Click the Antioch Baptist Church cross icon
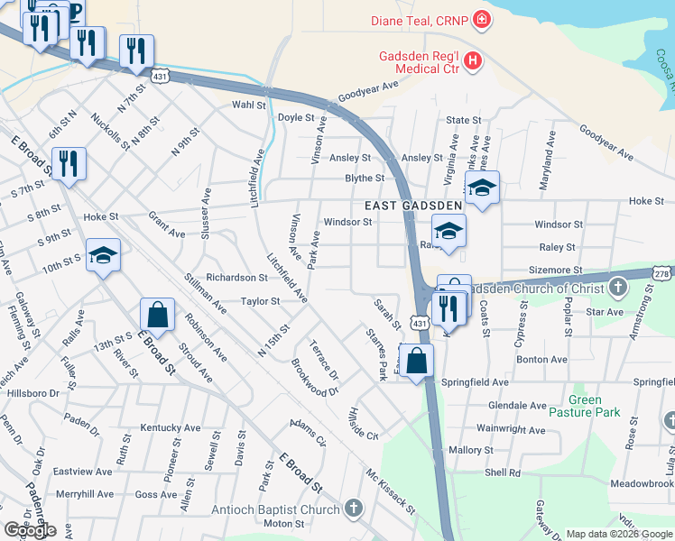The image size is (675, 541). click(x=353, y=509)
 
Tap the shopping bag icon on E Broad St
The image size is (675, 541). click(x=157, y=316)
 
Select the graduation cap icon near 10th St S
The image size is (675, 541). click(x=104, y=255)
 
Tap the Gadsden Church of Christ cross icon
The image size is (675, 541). click(x=618, y=289)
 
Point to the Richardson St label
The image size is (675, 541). click(x=236, y=278)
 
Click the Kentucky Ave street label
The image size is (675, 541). click(x=170, y=427)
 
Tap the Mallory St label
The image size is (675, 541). click(x=470, y=450)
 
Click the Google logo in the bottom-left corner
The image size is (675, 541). click(x=30, y=530)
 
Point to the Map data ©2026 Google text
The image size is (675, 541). click(x=618, y=534)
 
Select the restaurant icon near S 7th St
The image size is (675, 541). click(x=69, y=163)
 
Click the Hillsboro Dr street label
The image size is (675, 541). click(x=33, y=393)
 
